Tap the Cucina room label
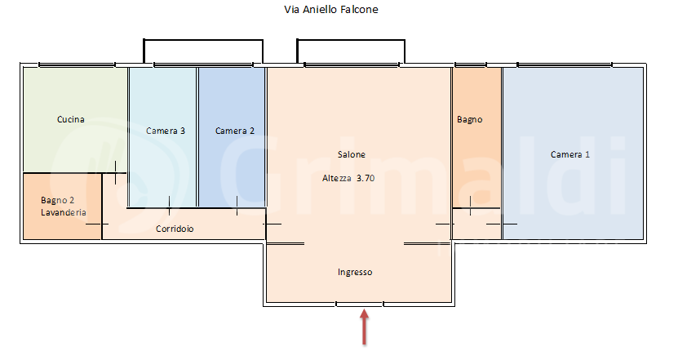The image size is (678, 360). click(x=71, y=120)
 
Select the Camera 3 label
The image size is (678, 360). click(x=166, y=131)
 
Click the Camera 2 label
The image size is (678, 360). click(x=235, y=131)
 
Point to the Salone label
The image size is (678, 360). click(x=352, y=155)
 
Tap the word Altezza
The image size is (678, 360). click(x=336, y=177)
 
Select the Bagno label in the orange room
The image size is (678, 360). click(x=469, y=120)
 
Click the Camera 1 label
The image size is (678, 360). click(x=569, y=155)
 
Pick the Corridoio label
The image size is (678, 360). click(x=175, y=229)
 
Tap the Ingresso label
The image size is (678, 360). click(x=355, y=273)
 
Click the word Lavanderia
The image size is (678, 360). click(x=63, y=212)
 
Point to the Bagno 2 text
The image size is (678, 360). click(x=57, y=200)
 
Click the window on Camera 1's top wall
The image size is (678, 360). click(x=565, y=64)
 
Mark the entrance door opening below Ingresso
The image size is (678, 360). click(x=360, y=304)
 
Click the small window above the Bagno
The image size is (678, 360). click(x=470, y=64)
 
